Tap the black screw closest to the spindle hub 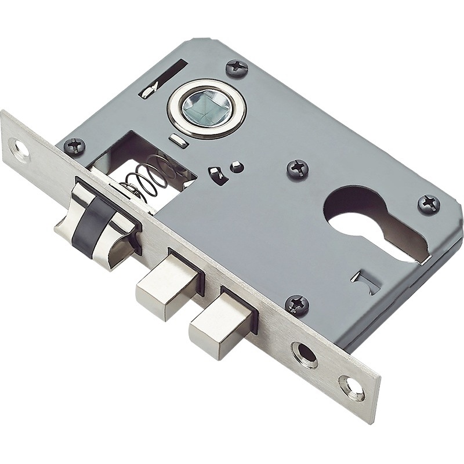[x=237, y=68]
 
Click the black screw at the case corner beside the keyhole [x=429, y=204]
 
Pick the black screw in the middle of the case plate [x=298, y=169]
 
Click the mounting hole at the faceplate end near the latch [x=21, y=150]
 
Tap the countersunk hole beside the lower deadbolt [x=304, y=353]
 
